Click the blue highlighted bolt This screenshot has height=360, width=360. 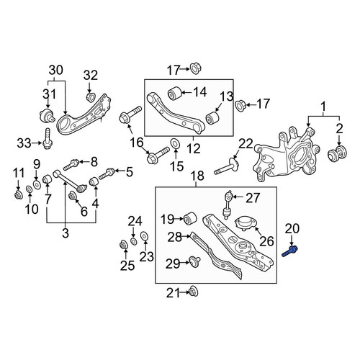(290, 252)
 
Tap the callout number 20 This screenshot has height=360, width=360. (292, 228)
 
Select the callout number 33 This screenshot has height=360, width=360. (24, 143)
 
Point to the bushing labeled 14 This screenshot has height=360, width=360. (174, 93)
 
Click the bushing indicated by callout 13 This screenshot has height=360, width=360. (213, 118)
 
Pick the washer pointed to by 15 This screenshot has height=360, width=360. (174, 143)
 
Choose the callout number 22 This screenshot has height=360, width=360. (246, 144)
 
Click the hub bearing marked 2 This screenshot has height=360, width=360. (338, 153)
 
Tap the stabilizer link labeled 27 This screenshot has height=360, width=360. (228, 204)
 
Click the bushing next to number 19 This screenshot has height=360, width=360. (190, 217)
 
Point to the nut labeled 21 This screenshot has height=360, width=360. (194, 292)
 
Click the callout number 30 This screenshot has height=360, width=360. (56, 71)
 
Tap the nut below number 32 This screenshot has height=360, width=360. (90, 97)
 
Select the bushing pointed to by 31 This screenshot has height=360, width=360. (47, 115)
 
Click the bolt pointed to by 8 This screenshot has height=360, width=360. (71, 164)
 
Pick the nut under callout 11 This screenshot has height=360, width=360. (18, 194)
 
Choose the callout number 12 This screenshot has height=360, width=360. (194, 149)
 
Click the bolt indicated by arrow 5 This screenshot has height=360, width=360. (107, 174)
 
